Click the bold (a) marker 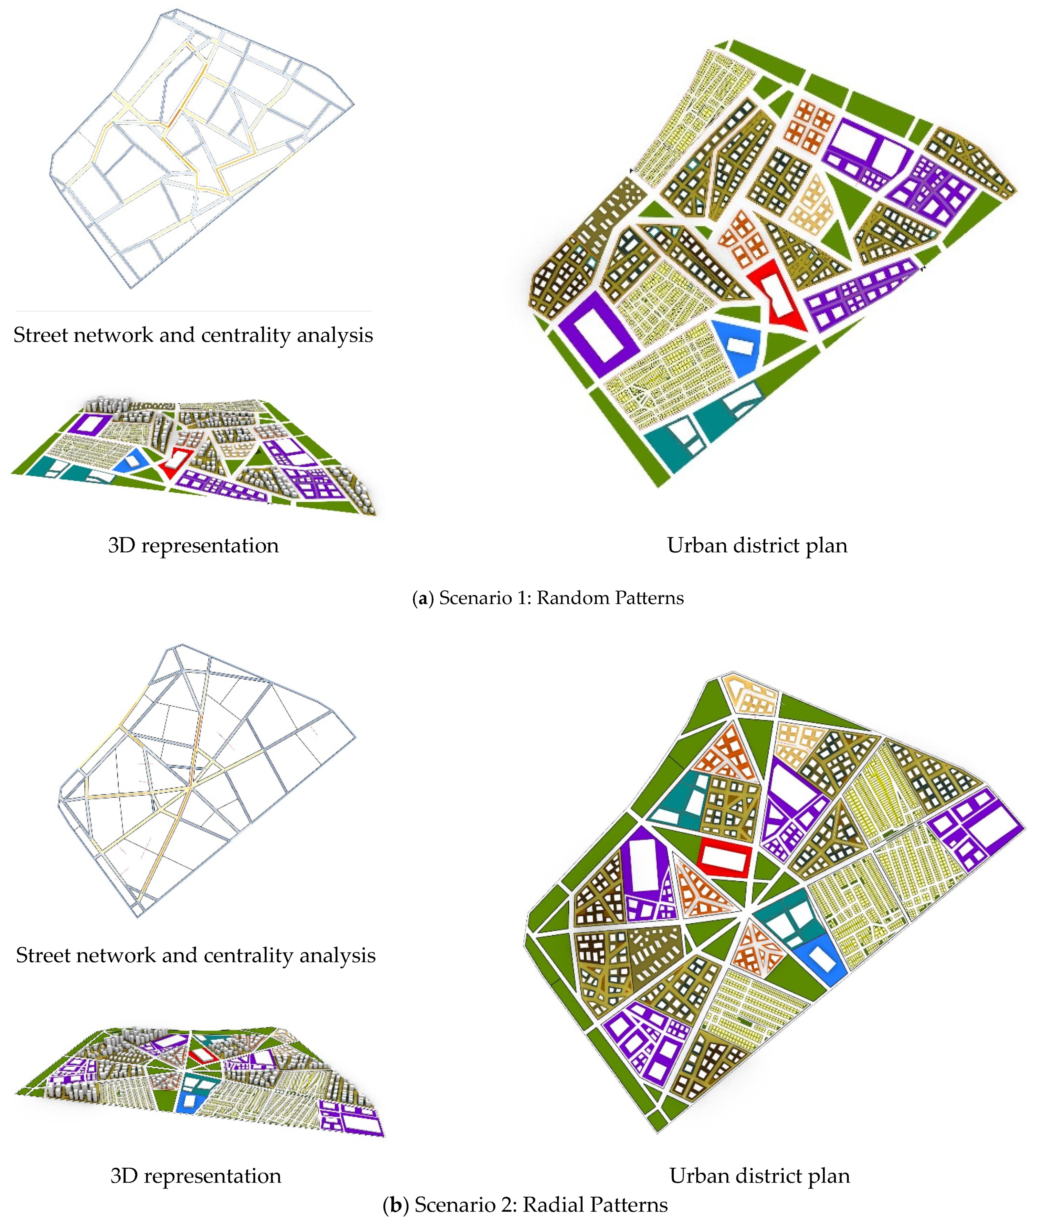(421, 598)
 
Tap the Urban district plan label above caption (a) (757, 546)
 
